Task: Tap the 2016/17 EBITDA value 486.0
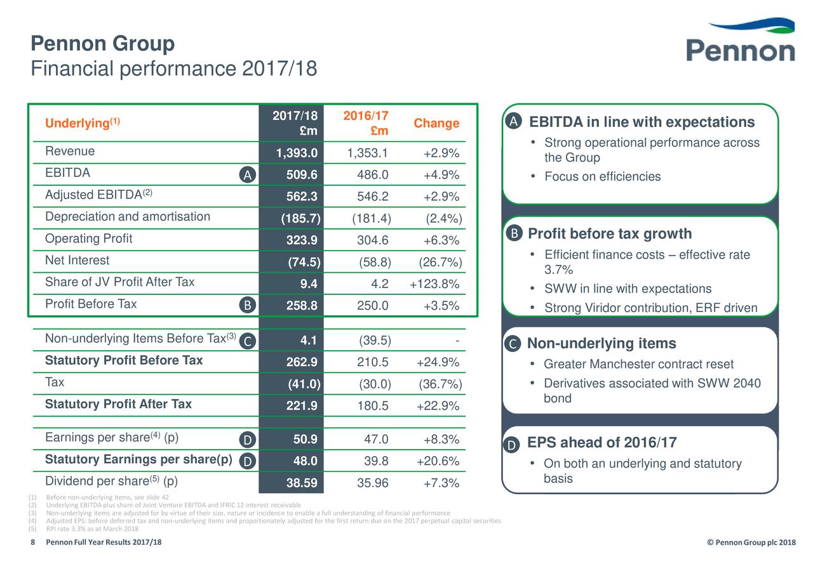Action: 373,175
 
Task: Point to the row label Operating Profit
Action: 89,239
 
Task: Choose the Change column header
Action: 436,123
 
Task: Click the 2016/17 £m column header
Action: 366,123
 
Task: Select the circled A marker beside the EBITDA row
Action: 248,176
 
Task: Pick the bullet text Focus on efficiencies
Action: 602,177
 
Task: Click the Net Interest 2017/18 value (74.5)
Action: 304,263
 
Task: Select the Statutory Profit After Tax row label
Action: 118,405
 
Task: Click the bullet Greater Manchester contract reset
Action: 638,364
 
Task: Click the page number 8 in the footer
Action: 33,542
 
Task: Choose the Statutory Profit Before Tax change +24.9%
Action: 438,362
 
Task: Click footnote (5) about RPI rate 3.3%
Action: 92,529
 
